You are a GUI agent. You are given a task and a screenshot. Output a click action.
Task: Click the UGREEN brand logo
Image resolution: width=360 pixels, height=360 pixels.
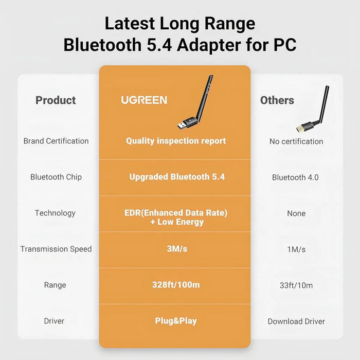(x=144, y=100)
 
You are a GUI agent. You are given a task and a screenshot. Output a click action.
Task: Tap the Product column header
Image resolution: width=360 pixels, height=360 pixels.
(x=56, y=100)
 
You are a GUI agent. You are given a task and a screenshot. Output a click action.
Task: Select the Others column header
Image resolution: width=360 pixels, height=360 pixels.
(x=277, y=100)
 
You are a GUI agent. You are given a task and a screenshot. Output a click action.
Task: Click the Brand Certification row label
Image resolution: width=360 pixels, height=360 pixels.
(x=56, y=141)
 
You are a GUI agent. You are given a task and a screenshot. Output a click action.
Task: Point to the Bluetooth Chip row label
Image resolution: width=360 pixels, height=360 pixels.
(x=56, y=177)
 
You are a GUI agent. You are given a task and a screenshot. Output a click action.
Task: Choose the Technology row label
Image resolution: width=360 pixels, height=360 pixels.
(x=55, y=213)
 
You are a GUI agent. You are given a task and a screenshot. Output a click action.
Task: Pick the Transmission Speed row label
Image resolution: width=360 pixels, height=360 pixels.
(x=56, y=249)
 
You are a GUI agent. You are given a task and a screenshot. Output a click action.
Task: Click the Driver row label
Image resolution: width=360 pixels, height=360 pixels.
(x=54, y=321)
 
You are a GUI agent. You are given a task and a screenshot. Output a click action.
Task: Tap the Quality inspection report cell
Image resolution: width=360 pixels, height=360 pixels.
(x=176, y=141)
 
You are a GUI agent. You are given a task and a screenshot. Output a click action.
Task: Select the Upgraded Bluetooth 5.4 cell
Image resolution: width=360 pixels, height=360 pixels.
(x=177, y=177)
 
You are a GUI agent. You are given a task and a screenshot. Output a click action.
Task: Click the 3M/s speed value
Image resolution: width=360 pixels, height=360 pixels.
(x=176, y=249)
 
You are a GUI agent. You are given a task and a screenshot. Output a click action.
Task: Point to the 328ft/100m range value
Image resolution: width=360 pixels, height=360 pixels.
(x=176, y=285)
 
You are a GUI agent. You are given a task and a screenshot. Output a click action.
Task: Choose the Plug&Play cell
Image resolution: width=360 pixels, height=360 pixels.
(x=176, y=321)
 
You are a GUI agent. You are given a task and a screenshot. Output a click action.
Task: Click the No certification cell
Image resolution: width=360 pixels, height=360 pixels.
(x=296, y=141)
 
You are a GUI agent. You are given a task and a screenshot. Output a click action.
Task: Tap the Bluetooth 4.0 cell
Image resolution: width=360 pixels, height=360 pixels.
(x=295, y=177)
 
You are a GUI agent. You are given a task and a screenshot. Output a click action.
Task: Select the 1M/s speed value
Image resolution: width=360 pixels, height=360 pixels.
(x=296, y=249)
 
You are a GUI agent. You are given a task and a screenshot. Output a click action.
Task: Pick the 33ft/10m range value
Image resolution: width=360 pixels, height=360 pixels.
(x=296, y=285)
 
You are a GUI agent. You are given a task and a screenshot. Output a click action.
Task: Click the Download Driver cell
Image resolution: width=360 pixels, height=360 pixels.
(x=296, y=321)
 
